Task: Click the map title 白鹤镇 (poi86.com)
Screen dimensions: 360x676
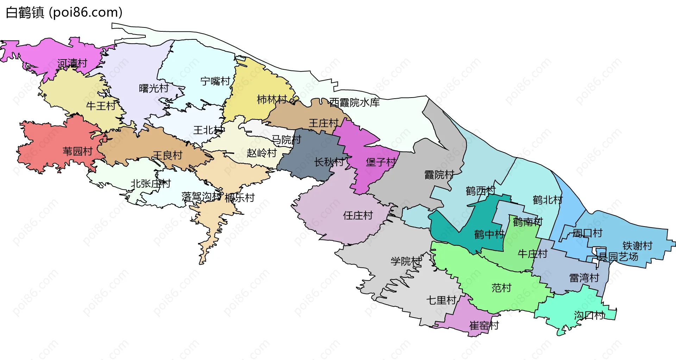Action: coord(64,12)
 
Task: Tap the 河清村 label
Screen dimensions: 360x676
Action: coord(72,63)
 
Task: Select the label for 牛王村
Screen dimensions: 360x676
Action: coord(101,106)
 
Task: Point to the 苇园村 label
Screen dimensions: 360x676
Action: coord(77,151)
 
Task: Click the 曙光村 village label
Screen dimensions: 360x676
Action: coord(154,88)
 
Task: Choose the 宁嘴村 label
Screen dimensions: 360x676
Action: coord(215,81)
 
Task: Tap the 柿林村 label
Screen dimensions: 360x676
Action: coord(272,100)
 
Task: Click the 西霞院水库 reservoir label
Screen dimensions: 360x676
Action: coord(355,103)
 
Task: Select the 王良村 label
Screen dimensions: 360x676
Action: coord(168,155)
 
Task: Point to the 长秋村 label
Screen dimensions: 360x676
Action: coord(329,162)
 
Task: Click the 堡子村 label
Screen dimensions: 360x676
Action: coord(381,162)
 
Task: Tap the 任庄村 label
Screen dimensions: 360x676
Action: coord(358,215)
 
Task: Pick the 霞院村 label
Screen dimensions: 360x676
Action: coord(439,175)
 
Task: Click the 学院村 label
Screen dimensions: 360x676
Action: coord(406,261)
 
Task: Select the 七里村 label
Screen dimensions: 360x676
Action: coord(441,300)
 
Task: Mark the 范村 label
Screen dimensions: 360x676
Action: coord(501,288)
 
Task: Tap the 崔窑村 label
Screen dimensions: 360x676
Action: coord(484,325)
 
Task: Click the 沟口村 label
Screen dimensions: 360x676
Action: coord(589,315)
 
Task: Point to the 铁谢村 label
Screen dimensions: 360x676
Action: coord(637,246)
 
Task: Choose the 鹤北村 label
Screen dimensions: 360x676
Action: coord(547,200)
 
